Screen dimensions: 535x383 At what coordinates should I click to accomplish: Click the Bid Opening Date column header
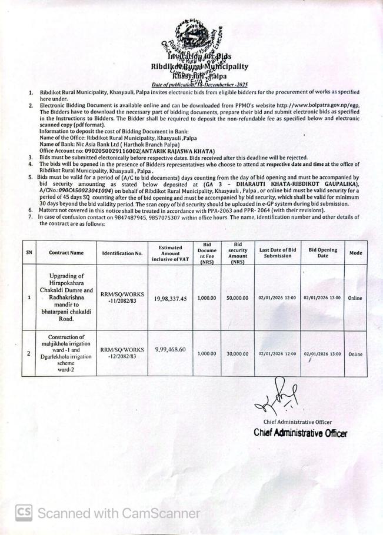[322, 253]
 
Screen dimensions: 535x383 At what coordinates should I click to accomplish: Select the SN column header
[29, 253]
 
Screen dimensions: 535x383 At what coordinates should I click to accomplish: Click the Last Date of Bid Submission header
[277, 253]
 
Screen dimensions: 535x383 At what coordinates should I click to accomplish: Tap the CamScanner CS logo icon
[24, 513]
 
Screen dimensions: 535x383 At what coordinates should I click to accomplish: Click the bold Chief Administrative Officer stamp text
[300, 433]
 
